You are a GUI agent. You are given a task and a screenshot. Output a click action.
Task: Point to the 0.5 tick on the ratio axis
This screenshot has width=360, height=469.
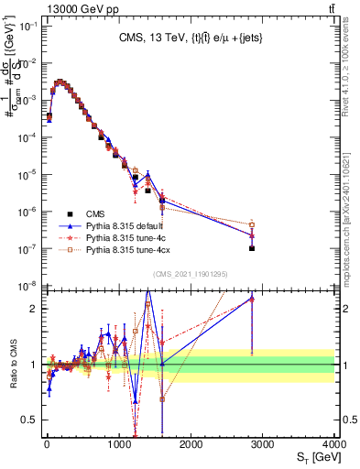coord(31,420)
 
